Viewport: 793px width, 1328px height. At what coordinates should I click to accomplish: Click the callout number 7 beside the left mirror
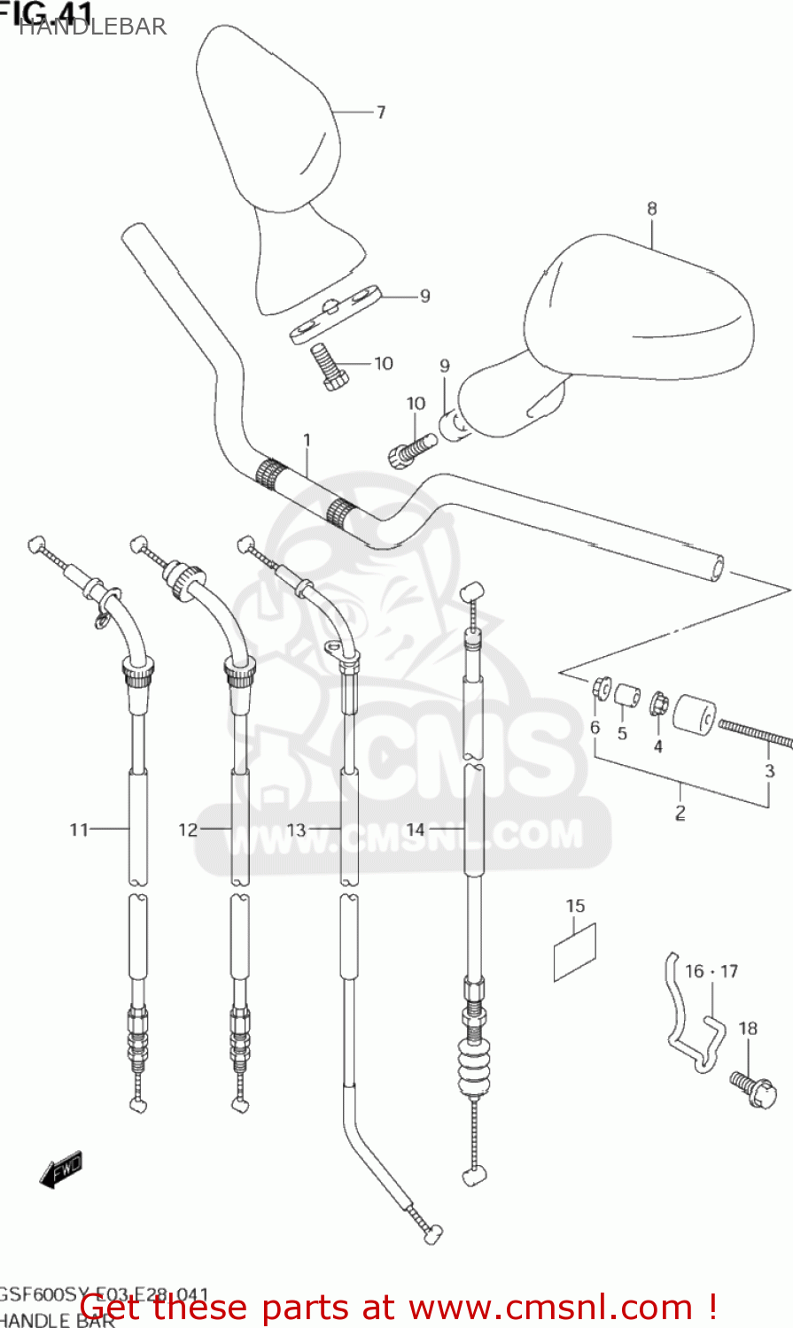tap(381, 112)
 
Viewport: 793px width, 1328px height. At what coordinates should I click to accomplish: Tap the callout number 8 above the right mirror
tap(652, 209)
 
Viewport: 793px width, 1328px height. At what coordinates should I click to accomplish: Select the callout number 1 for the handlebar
tap(307, 440)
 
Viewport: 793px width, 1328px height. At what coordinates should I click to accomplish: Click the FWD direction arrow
tap(61, 1169)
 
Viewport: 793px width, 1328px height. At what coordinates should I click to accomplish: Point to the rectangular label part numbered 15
tap(575, 952)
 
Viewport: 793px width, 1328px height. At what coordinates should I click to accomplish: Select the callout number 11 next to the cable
tap(79, 830)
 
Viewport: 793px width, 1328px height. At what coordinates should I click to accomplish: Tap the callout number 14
tap(416, 830)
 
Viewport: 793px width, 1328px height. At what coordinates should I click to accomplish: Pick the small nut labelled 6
tap(601, 687)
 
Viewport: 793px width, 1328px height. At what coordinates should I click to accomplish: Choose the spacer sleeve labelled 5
tap(627, 696)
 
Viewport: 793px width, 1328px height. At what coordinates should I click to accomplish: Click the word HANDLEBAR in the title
tap(92, 27)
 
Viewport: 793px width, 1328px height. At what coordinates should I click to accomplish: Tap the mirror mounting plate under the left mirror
tap(336, 313)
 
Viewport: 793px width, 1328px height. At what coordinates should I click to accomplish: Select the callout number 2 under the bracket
tap(680, 812)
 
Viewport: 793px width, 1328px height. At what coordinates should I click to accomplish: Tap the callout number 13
tap(296, 830)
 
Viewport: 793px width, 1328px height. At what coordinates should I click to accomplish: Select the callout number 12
tap(188, 830)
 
